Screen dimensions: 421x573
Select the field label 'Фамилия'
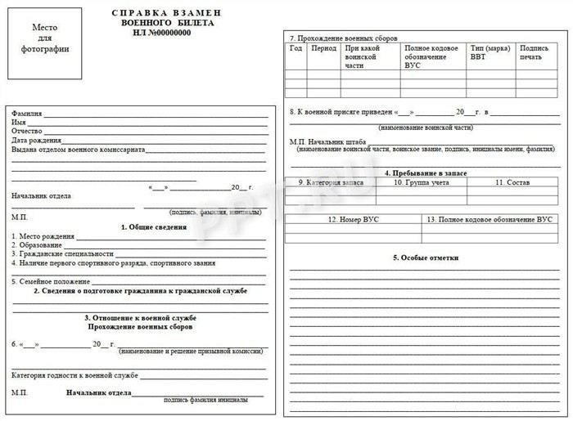click(27, 113)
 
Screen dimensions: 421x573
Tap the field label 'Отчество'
click(27, 131)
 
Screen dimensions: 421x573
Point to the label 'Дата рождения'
click(36, 141)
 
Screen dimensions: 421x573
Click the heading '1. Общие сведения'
click(154, 226)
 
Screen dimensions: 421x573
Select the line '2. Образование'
click(38, 244)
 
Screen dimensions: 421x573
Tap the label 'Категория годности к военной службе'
click(74, 375)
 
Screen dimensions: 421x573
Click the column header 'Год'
click(296, 48)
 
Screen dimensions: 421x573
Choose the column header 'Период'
click(324, 48)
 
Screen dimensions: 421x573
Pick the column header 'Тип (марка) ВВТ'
click(490, 52)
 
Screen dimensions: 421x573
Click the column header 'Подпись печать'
click(534, 52)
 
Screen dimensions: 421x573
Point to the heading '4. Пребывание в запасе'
click(425, 173)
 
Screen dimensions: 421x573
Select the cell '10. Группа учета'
click(421, 182)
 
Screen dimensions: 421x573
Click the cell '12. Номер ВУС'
click(353, 220)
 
